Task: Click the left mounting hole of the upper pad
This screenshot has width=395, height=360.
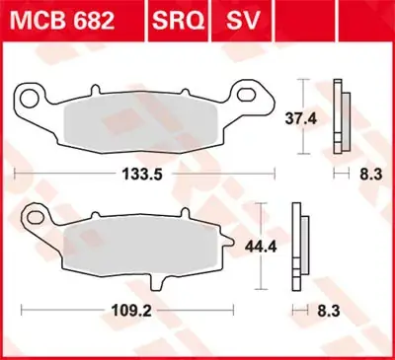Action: point(32,99)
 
